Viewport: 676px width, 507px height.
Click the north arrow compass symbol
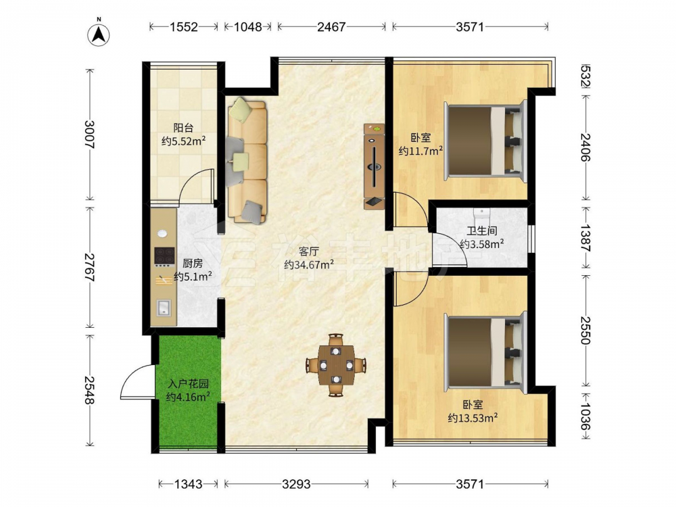[99, 34]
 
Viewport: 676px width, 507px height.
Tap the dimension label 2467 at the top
[331, 27]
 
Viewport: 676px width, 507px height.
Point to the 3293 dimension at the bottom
[296, 484]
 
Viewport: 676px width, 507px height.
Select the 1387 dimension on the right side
[585, 237]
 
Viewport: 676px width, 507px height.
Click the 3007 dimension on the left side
[90, 134]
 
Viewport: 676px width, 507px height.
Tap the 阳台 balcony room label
[183, 128]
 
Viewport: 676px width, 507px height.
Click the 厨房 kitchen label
[192, 263]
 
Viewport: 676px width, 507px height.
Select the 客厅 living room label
[309, 251]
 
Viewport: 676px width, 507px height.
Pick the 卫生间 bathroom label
[481, 231]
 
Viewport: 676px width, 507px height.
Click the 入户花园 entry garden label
[189, 383]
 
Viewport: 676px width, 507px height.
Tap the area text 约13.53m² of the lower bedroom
[473, 418]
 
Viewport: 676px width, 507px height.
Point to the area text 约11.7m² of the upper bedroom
[420, 151]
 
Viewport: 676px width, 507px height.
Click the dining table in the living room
[336, 365]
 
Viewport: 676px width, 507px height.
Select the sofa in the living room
[247, 160]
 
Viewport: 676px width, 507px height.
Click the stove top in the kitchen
[164, 256]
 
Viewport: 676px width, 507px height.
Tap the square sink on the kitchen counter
[164, 308]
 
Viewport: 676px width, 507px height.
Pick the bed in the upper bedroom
[486, 140]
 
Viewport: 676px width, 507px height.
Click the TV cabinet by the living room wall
[374, 166]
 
